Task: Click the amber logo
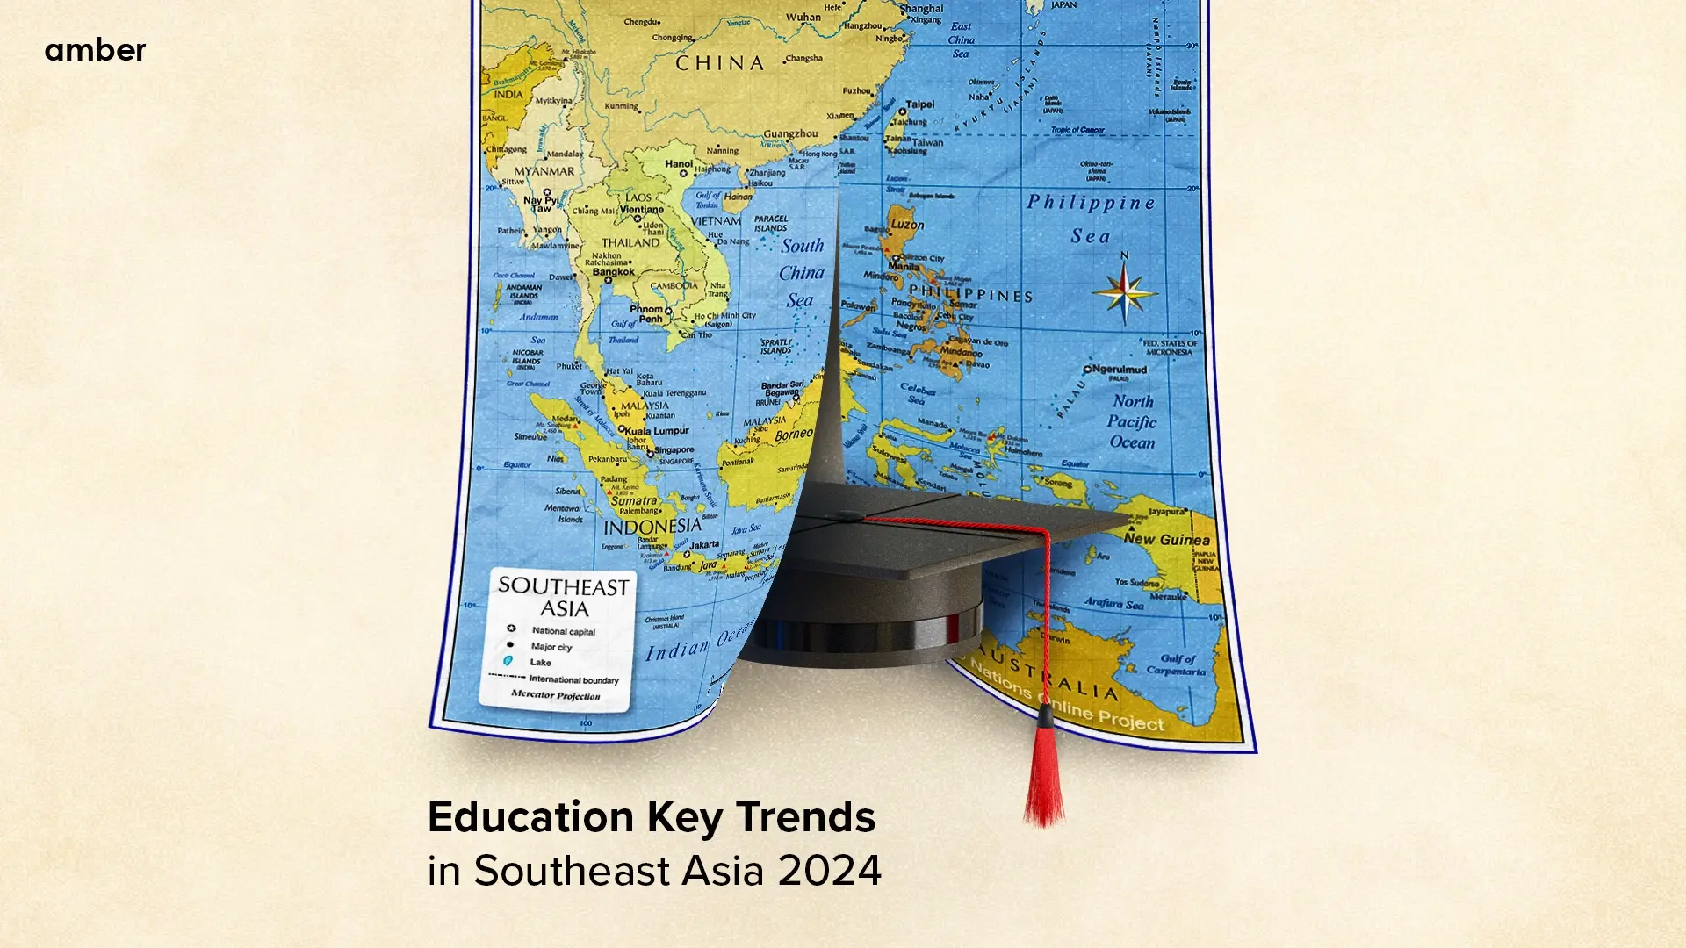[95, 50]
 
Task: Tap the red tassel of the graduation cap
[1043, 777]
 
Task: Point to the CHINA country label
[719, 63]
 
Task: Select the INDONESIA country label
[652, 527]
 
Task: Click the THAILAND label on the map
[630, 242]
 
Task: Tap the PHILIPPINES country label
[970, 294]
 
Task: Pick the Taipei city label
[919, 104]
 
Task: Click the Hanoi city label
[678, 164]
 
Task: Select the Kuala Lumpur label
[656, 431]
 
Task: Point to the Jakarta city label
[704, 545]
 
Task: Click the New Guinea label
[1166, 540]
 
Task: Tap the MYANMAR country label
[544, 172]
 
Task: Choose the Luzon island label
[907, 225]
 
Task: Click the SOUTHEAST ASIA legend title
[563, 597]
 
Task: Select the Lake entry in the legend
[540, 663]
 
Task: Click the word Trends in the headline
[805, 817]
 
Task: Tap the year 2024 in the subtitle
[829, 871]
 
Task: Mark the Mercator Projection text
[555, 695]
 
